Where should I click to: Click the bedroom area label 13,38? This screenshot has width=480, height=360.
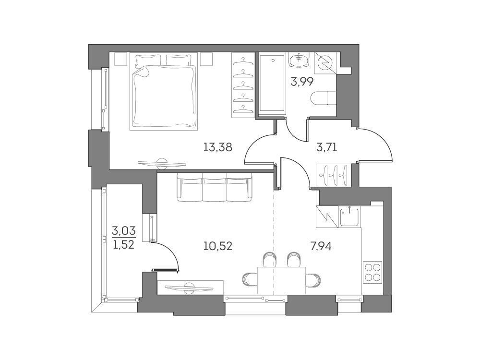[218, 148]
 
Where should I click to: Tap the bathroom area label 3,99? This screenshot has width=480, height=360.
[301, 82]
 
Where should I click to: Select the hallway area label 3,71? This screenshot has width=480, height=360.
[326, 148]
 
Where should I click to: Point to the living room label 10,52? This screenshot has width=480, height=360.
[218, 246]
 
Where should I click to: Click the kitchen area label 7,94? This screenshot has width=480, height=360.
[321, 246]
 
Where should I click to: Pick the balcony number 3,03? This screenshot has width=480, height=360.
[124, 230]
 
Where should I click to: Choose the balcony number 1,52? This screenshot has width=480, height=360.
[124, 245]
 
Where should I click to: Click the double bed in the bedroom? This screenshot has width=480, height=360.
[163, 91]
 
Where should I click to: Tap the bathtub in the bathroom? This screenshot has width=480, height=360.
[273, 84]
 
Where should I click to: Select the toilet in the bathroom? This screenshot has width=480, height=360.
[323, 99]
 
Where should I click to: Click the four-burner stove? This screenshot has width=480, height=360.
[372, 272]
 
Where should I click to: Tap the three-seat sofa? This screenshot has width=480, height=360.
[215, 187]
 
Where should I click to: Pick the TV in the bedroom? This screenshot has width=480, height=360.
[162, 164]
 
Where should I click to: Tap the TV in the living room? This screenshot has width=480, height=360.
[189, 287]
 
